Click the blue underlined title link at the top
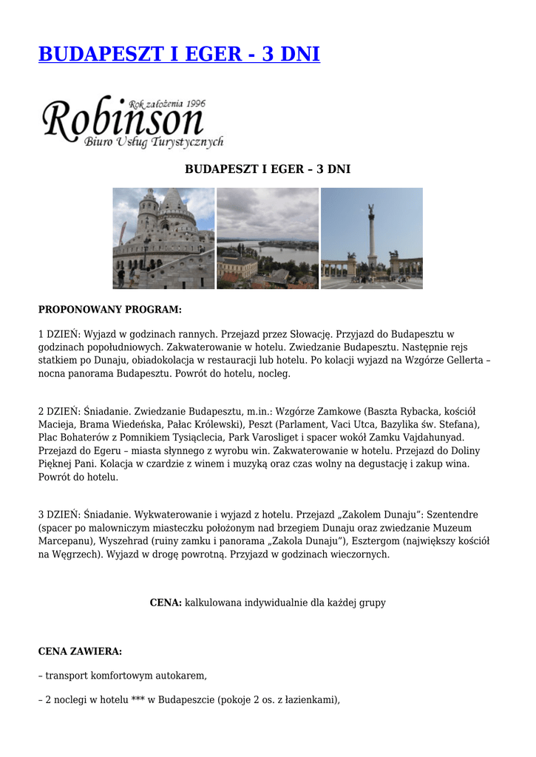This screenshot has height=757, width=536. [179, 54]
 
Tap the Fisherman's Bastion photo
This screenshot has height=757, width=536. [163, 238]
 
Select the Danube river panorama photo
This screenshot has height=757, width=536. [268, 238]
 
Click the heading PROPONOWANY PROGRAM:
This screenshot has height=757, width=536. [109, 309]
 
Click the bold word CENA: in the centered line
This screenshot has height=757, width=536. [166, 602]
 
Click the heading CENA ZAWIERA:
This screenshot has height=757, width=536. [80, 651]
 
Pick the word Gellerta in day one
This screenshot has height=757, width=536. [464, 361]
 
